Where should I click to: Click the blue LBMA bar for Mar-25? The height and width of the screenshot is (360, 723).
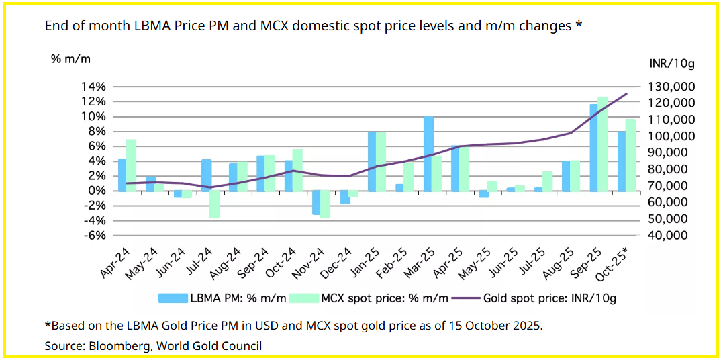(x=428, y=154)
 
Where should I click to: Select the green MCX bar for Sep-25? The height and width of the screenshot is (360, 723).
(x=603, y=144)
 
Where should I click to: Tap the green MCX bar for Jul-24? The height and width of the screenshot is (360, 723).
(x=214, y=204)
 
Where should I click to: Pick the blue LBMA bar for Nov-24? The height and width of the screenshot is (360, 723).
(x=316, y=203)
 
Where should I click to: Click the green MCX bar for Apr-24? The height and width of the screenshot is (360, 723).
(x=131, y=165)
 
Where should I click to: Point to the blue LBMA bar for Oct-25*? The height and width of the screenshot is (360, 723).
(x=621, y=161)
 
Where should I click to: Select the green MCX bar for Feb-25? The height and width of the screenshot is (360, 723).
(x=409, y=177)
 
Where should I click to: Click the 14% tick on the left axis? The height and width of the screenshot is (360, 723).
(x=94, y=87)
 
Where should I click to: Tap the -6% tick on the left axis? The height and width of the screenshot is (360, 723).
(x=94, y=236)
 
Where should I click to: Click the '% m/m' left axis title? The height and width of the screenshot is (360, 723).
(x=70, y=58)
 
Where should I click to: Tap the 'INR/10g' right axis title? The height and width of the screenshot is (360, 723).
(x=672, y=64)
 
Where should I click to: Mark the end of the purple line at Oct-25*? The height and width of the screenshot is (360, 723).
(x=627, y=93)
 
